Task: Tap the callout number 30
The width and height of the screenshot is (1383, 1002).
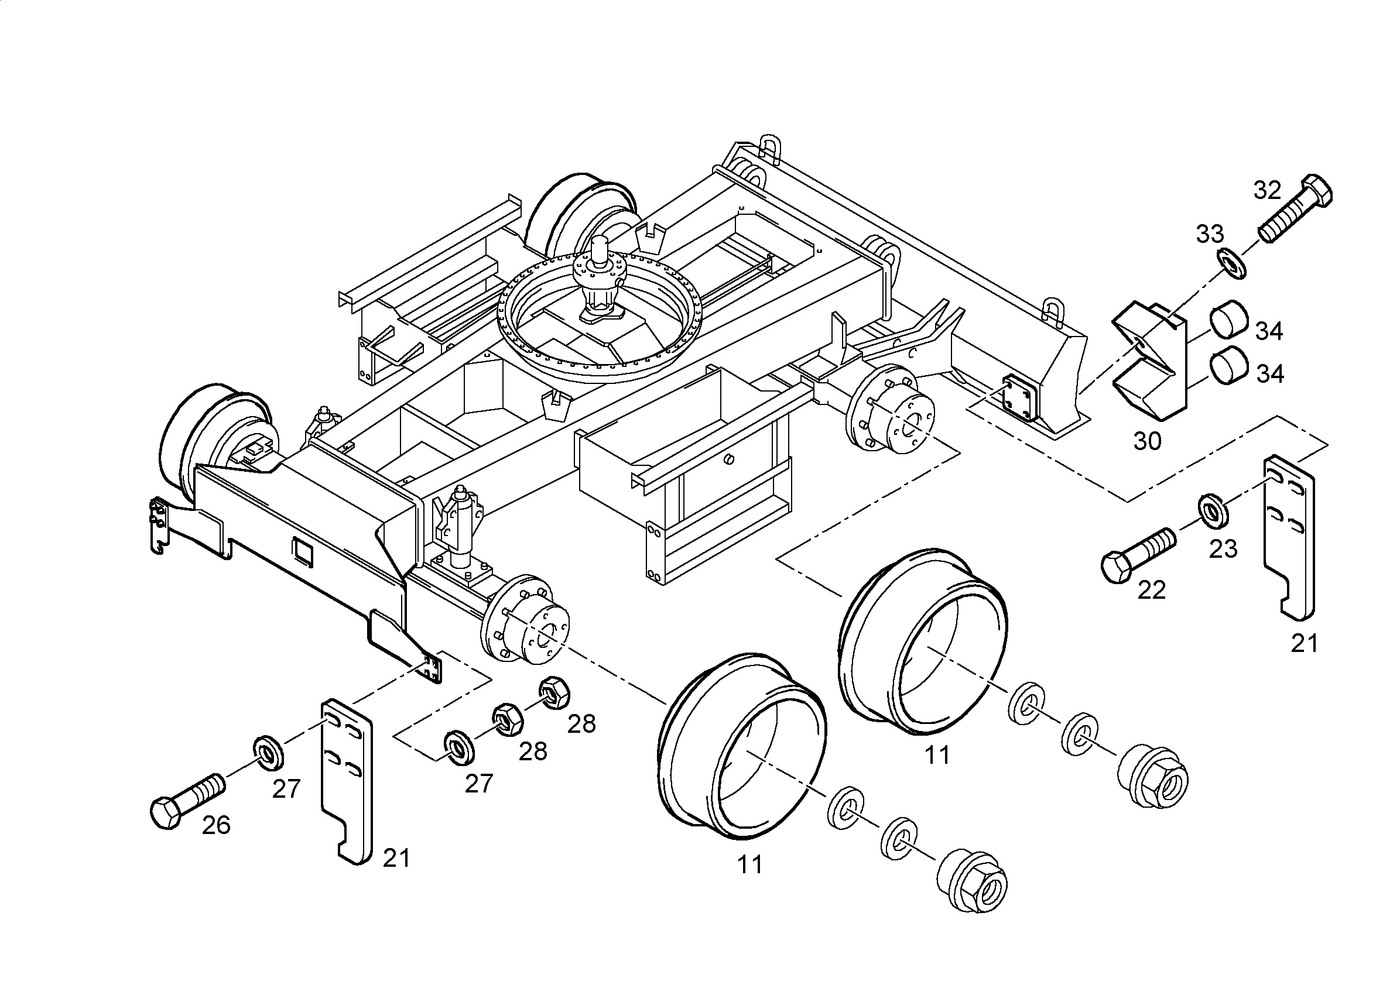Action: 1147,441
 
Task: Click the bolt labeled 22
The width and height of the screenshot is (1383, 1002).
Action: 1137,554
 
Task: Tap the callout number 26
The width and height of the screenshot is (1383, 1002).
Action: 216,825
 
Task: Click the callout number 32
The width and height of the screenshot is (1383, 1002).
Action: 1267,190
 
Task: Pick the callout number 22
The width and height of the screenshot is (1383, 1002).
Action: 1151,589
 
